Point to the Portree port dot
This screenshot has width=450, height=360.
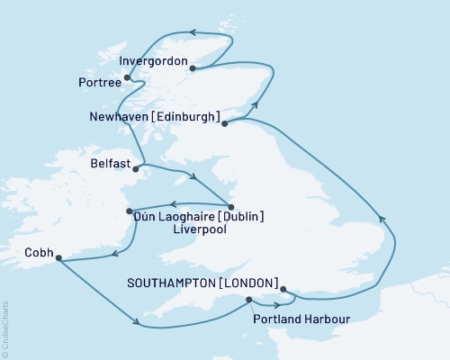point(127,77)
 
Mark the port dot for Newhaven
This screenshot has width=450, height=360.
point(224,123)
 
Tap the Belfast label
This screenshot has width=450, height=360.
point(111,166)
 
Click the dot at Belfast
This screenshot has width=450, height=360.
point(136,167)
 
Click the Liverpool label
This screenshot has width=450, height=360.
point(197,229)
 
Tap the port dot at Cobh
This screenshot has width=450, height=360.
point(58,259)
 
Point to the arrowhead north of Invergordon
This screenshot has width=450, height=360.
point(192,33)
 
